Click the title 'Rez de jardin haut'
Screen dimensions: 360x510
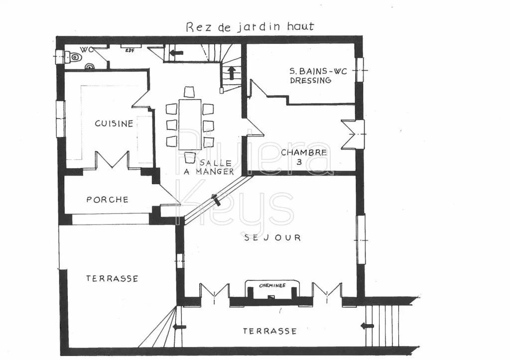tap(250, 26)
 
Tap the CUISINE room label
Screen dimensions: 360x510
tap(114, 123)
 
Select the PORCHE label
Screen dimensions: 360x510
tap(107, 200)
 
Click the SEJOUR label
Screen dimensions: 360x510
tap(272, 238)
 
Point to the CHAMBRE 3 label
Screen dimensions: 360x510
tap(304, 157)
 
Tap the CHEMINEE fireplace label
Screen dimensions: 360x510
tap(272, 285)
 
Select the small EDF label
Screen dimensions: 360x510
tap(130, 50)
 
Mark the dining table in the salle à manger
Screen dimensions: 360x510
tap(190, 124)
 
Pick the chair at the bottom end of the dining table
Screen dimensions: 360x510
tap(190, 157)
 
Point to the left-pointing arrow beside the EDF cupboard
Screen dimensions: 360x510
tap(176, 52)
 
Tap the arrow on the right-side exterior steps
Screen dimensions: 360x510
tap(368, 326)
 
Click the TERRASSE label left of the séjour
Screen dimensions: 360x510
tap(112, 279)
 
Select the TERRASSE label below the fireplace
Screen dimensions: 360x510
tap(269, 331)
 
